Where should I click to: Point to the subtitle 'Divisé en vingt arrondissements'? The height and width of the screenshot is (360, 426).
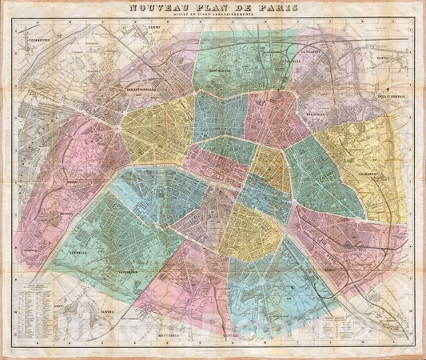click(x=213, y=18)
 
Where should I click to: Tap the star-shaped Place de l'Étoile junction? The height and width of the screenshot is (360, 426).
click(x=120, y=126)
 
